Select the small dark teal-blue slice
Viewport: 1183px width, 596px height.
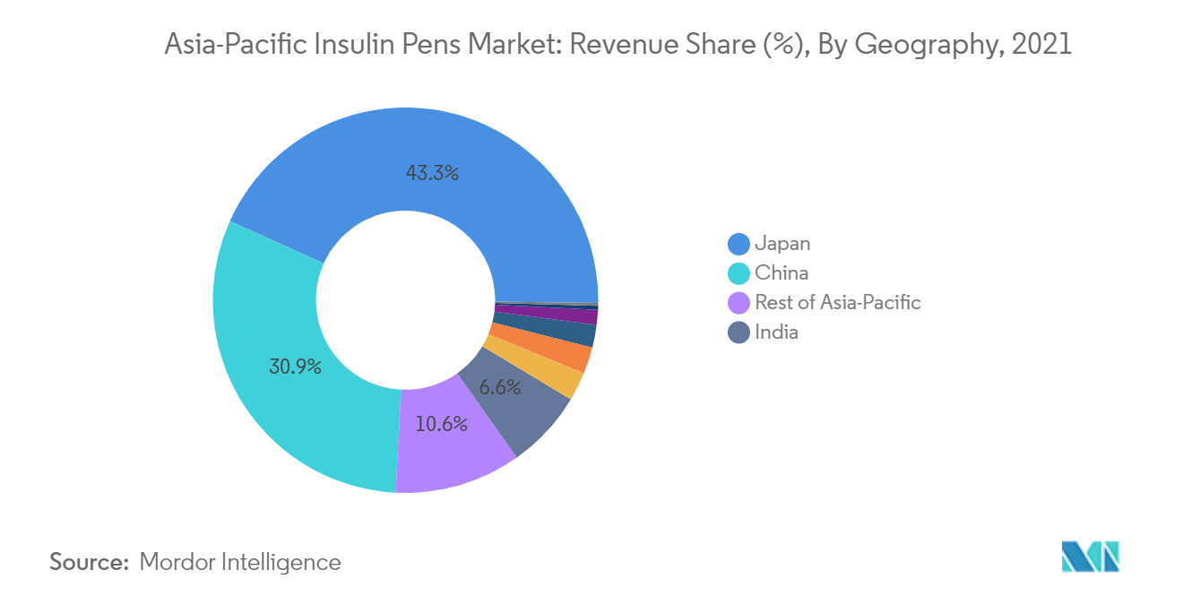578,332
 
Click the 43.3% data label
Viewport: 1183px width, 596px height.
432,174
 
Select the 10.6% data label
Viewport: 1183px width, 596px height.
441,424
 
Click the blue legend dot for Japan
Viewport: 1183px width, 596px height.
738,244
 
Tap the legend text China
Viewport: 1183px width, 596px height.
781,273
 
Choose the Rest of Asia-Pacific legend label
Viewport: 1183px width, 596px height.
837,303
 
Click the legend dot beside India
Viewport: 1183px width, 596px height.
738,333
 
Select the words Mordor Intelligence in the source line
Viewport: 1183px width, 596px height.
240,563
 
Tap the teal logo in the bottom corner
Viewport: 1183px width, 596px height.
1090,556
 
